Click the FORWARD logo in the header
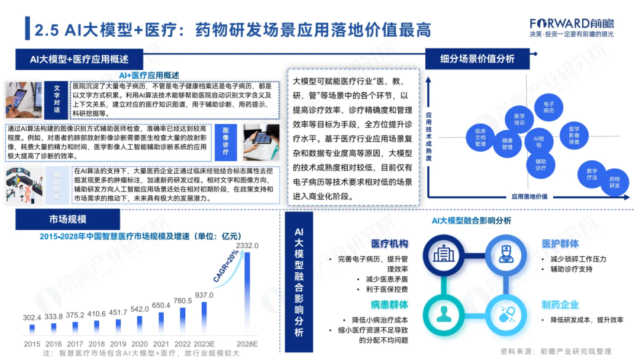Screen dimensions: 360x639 [571, 23]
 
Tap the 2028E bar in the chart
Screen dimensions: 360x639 [247, 292]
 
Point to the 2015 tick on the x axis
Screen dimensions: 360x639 [33, 343]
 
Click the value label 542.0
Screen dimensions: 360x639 [140, 310]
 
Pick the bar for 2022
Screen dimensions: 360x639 [182, 321]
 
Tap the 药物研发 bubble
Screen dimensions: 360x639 [615, 182]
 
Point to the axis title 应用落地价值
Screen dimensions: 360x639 [529, 197]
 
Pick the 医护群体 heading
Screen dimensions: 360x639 [560, 244]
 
